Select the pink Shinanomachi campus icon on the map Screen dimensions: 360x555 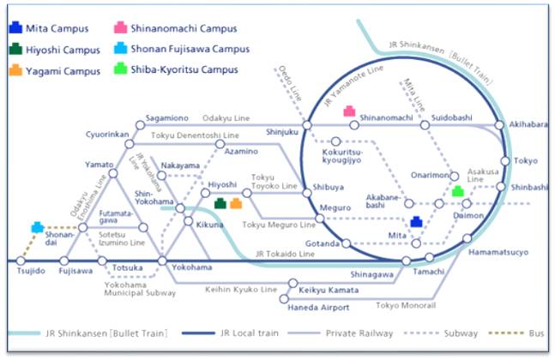coord(350,111)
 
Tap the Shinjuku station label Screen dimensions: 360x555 coord(283,131)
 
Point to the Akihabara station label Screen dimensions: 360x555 coord(528,124)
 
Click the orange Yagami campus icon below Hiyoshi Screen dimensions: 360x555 coord(236,203)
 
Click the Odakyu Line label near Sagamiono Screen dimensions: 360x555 coord(226,118)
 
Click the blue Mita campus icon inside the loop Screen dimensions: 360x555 coord(416,222)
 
